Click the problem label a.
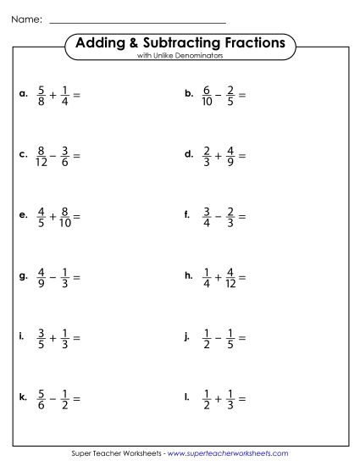[x=23, y=95]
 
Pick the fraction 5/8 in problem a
[x=42, y=95]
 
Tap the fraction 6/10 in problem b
[x=208, y=95]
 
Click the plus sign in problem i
[x=53, y=337]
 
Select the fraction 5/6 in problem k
[x=42, y=397]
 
